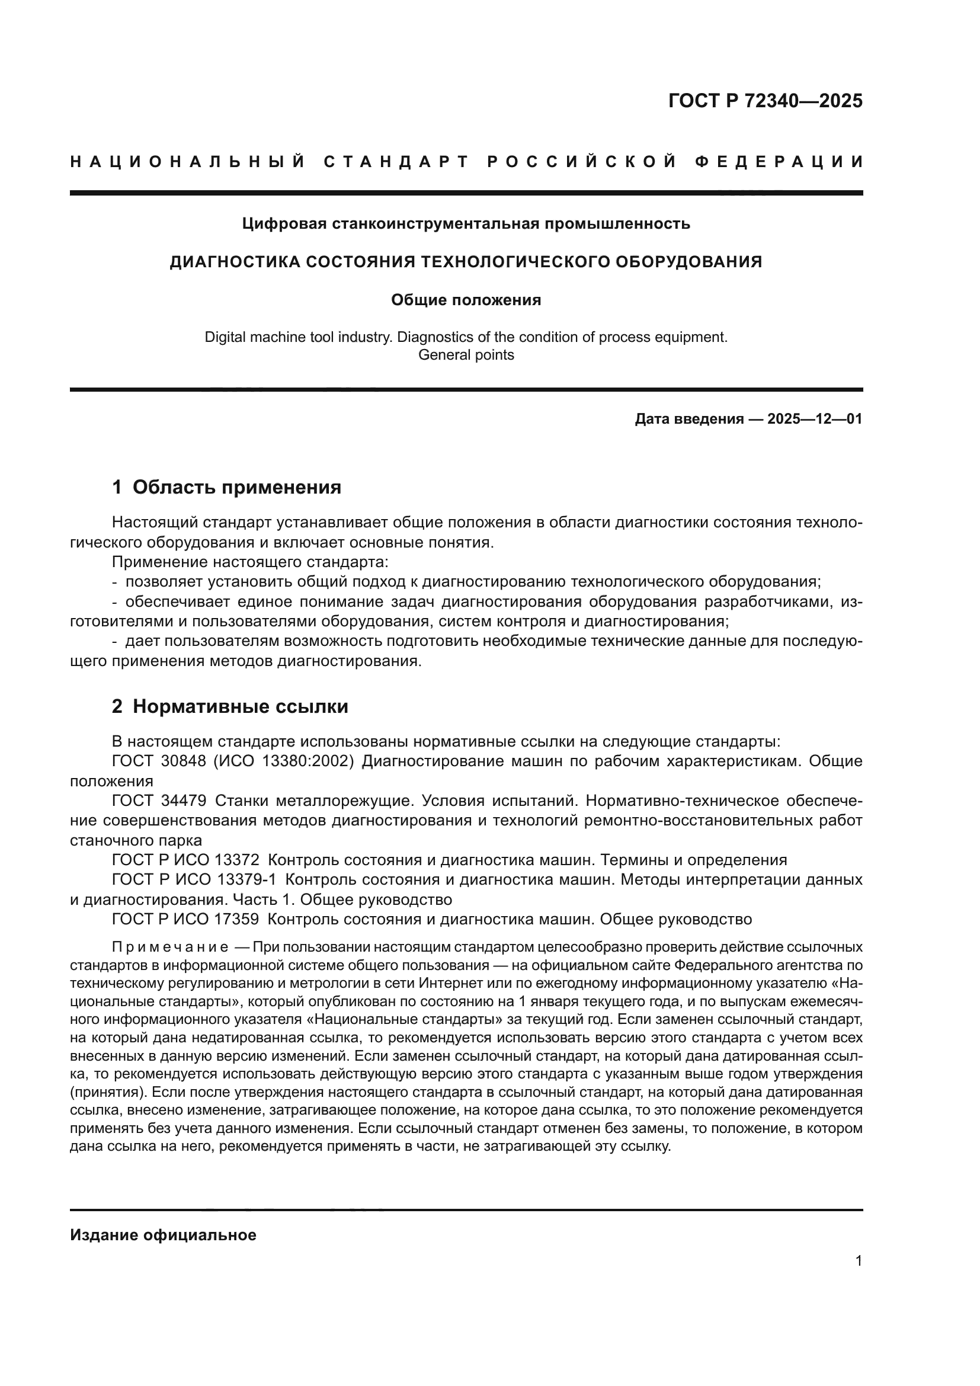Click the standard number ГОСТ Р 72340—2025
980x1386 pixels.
(765, 101)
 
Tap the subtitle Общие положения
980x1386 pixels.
(466, 300)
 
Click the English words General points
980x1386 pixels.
(466, 355)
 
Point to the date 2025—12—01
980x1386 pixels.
(815, 419)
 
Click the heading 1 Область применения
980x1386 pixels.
(226, 487)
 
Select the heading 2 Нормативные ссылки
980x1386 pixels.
(230, 706)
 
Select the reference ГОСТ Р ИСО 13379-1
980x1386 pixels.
(194, 880)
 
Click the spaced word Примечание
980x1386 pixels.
(170, 946)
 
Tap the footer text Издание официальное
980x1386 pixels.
(163, 1235)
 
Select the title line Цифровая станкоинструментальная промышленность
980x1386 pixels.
(466, 224)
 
